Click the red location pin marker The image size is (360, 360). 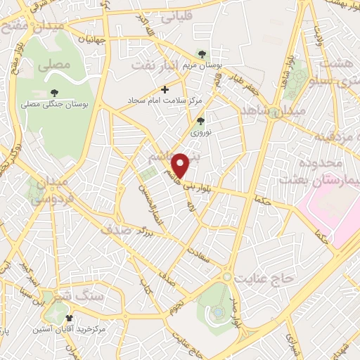(x=182, y=165)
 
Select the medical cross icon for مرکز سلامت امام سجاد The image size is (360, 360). (x=165, y=89)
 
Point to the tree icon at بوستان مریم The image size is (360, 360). (x=202, y=53)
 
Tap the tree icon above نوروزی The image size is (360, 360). (x=200, y=120)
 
